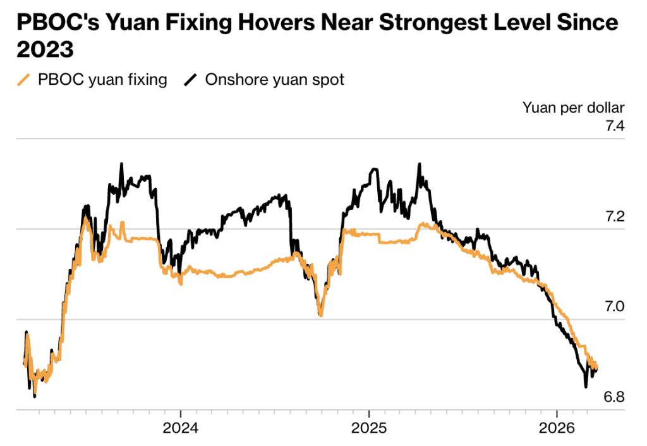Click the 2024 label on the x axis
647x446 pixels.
tap(181, 427)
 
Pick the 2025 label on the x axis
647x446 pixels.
tap(369, 427)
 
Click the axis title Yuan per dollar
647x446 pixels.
tap(573, 107)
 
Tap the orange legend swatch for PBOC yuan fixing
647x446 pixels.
tap(23, 80)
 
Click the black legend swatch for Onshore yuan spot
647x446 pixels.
tap(190, 80)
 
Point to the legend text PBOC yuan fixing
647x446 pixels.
tap(102, 80)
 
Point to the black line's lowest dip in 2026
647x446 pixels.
tap(586, 386)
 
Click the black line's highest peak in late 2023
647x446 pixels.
tap(121, 164)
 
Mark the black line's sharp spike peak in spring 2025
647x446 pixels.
tap(419, 164)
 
